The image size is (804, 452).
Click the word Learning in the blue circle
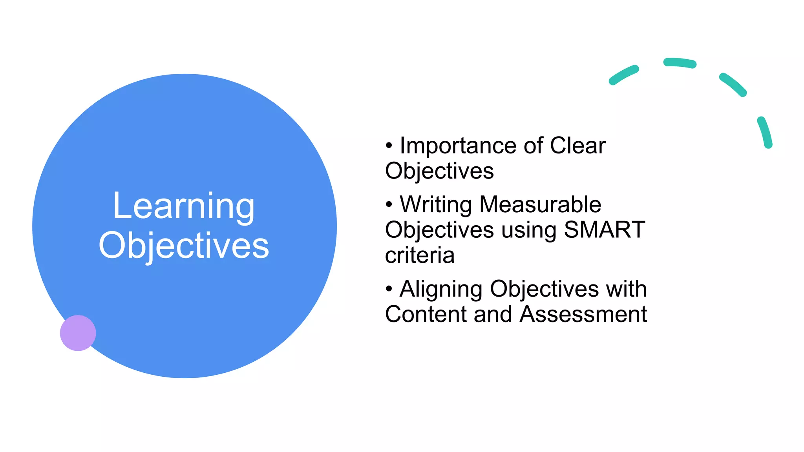tap(184, 206)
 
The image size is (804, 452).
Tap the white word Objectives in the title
tap(184, 246)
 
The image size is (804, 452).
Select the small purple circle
tap(78, 333)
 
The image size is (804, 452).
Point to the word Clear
tap(577, 146)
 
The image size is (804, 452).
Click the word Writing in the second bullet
tap(436, 204)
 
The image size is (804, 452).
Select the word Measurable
tap(540, 204)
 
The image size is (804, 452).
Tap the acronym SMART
tap(605, 230)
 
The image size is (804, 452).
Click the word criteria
tap(420, 255)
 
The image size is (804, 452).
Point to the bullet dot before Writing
tap(389, 204)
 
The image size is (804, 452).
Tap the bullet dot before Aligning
tap(389, 289)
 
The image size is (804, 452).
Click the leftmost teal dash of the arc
tap(623, 75)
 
